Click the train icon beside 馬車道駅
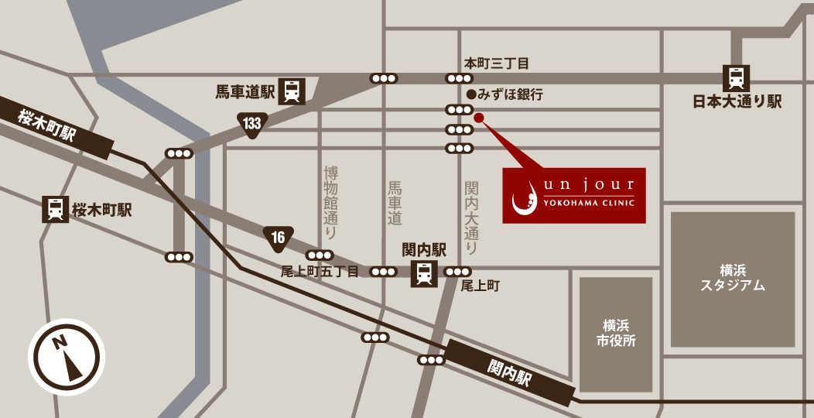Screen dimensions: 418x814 tap(292, 91)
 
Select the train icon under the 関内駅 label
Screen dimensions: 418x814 tap(424, 273)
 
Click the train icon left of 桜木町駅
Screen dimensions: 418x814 tap(55, 210)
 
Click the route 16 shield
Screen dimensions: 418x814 tap(278, 238)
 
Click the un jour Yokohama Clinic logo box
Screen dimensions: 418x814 tap(573, 195)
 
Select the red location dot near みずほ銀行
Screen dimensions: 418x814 tap(478, 118)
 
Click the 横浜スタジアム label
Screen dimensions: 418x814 tap(732, 277)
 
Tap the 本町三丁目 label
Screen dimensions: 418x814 tap(496, 63)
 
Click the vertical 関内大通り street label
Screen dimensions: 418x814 tap(471, 218)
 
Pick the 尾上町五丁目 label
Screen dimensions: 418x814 tap(320, 272)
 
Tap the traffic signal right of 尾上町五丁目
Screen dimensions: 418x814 tap(384, 272)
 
